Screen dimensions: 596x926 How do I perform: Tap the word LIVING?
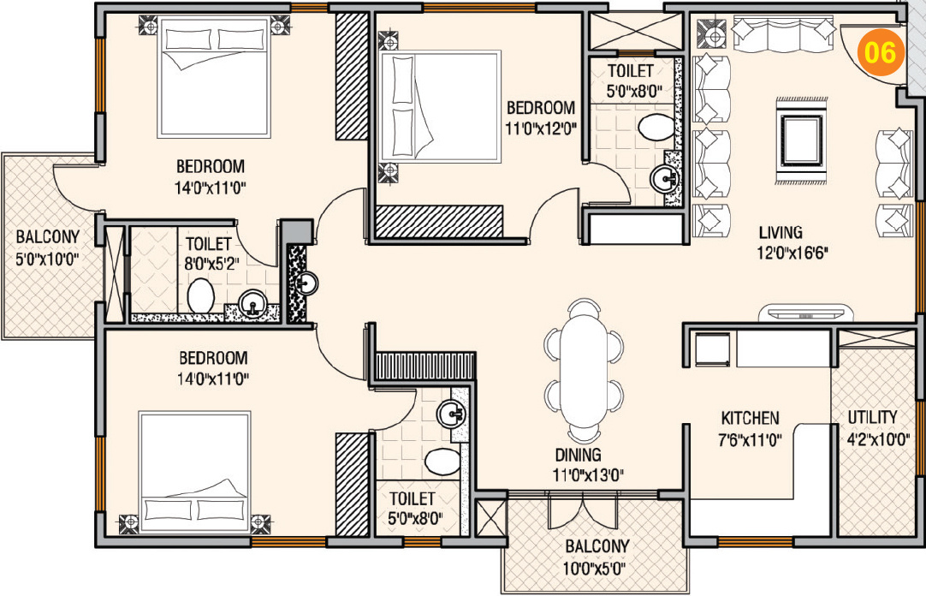pyautogui.click(x=780, y=232)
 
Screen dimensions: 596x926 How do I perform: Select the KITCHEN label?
pyautogui.click(x=750, y=418)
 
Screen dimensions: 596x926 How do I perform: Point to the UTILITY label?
pyautogui.click(x=872, y=417)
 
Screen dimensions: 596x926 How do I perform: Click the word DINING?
pyautogui.click(x=577, y=455)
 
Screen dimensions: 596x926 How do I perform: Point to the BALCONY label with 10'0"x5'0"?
pyautogui.click(x=597, y=545)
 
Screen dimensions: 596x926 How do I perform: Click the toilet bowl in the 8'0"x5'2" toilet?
pyautogui.click(x=200, y=297)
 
